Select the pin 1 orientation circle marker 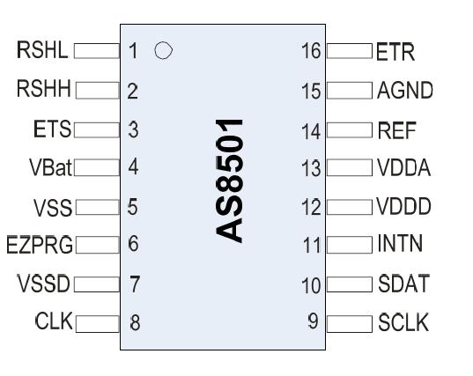pyautogui.click(x=162, y=51)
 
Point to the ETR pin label pyautogui.click(x=395, y=52)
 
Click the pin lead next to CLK pyautogui.click(x=98, y=322)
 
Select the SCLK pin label pyautogui.click(x=403, y=322)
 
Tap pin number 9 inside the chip pyautogui.click(x=313, y=321)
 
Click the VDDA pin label pyautogui.click(x=404, y=168)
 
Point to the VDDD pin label pyautogui.click(x=404, y=208)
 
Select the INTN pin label pyautogui.click(x=401, y=245)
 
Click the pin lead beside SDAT pyautogui.click(x=350, y=284)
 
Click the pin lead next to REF pyautogui.click(x=350, y=130)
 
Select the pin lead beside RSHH pyautogui.click(x=97, y=89)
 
